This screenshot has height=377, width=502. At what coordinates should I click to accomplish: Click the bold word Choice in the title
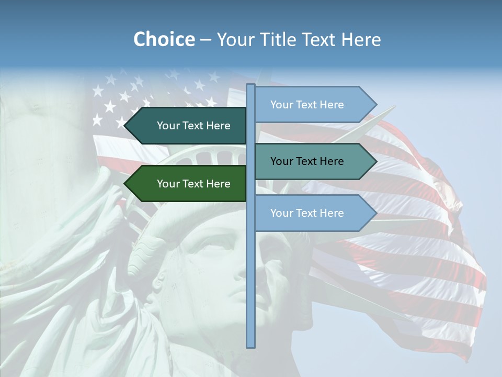click(x=164, y=40)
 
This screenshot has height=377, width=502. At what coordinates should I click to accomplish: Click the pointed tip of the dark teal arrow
click(x=125, y=126)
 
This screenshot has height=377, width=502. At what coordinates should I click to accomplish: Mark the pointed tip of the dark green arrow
click(x=125, y=184)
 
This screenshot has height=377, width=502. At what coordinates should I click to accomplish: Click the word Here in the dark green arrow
click(x=218, y=184)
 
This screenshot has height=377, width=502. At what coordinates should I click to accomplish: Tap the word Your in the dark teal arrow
click(x=168, y=126)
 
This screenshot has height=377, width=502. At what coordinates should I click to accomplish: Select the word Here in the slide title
click(x=361, y=40)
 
